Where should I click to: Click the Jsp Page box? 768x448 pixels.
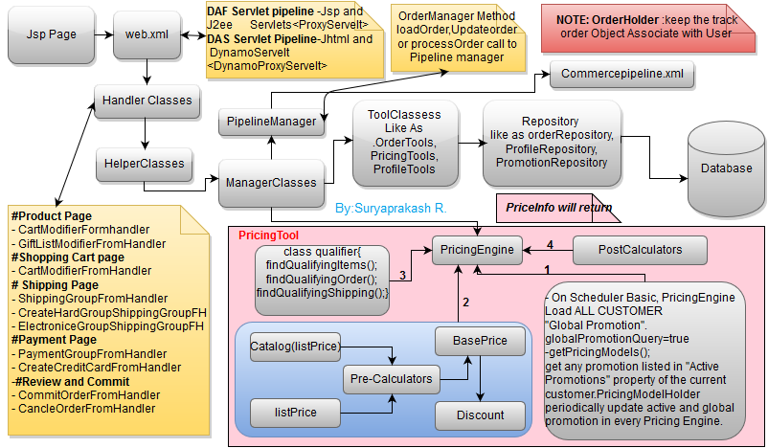pyautogui.click(x=49, y=35)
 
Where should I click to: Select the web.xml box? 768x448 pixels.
pyautogui.click(x=147, y=35)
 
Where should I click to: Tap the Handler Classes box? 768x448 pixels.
pyautogui.click(x=147, y=100)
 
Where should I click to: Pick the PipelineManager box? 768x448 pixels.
pyautogui.click(x=272, y=122)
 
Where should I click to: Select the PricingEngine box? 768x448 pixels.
pyautogui.click(x=478, y=251)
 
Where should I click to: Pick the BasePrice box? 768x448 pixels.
pyautogui.click(x=480, y=342)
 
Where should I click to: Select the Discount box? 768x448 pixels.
pyautogui.click(x=480, y=415)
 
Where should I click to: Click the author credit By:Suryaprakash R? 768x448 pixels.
pyautogui.click(x=392, y=207)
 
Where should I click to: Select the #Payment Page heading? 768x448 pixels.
pyautogui.click(x=55, y=340)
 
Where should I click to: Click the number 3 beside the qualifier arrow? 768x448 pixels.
pyautogui.click(x=404, y=275)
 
